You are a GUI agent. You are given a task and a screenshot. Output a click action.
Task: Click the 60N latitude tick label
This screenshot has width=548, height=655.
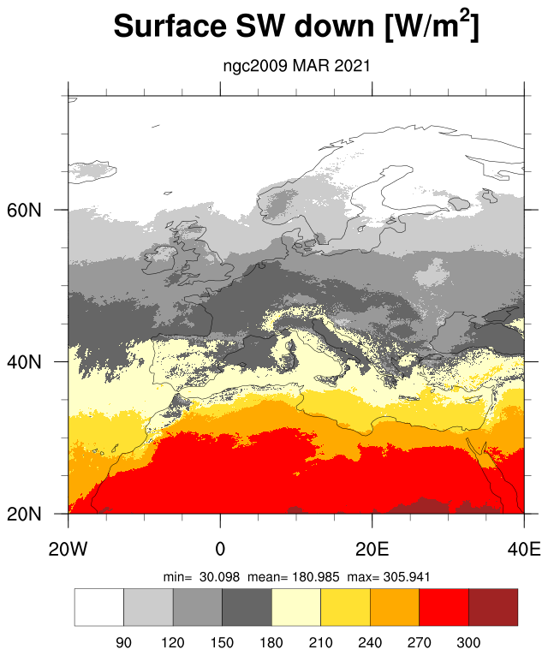(x=24, y=210)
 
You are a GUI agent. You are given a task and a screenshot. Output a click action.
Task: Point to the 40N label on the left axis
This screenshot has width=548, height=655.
(x=24, y=362)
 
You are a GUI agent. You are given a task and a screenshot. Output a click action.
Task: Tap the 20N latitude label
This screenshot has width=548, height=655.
(x=24, y=515)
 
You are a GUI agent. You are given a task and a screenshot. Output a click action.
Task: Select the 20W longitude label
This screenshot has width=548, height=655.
(x=68, y=549)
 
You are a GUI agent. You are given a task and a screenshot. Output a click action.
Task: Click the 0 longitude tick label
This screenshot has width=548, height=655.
(x=220, y=549)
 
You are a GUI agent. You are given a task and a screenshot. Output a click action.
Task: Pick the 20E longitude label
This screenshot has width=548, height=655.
(x=372, y=549)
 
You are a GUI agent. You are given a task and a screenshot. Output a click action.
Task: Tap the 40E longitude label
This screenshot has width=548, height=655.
(x=524, y=549)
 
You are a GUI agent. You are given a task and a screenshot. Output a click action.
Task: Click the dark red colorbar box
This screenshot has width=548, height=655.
(x=493, y=607)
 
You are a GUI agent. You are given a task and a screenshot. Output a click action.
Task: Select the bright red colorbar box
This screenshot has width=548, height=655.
(x=444, y=607)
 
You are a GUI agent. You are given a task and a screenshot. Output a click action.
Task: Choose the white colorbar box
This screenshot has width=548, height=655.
(x=99, y=607)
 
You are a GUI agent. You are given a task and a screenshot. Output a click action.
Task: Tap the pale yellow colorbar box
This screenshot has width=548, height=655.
(x=296, y=607)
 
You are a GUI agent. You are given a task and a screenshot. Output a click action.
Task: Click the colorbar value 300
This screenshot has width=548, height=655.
(x=468, y=642)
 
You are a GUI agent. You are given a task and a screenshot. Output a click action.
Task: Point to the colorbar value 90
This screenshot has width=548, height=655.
(x=123, y=642)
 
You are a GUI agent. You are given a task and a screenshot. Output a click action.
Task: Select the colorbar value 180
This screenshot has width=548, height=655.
(x=271, y=642)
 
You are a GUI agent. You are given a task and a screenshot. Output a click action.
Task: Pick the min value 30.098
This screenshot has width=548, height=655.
(x=220, y=577)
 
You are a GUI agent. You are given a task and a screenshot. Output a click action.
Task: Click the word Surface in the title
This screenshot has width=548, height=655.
(x=170, y=26)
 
